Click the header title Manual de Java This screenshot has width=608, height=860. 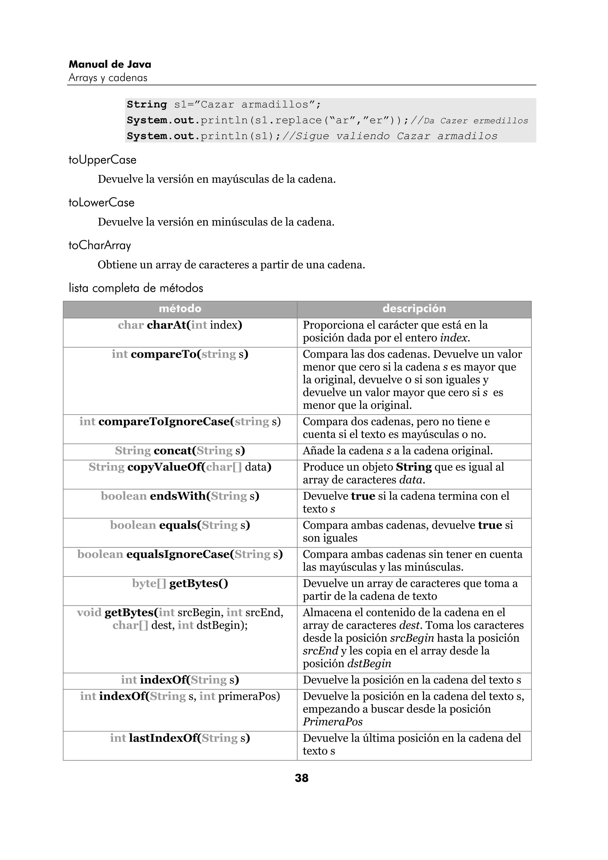[110, 64]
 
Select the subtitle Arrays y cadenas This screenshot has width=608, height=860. [108, 78]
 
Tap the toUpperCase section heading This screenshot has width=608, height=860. [102, 160]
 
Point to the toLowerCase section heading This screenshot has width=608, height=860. [101, 203]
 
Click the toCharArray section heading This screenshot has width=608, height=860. [100, 245]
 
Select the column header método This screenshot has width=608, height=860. [180, 309]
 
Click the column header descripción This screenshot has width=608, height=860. [414, 309]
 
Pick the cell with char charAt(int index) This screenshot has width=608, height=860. [180, 325]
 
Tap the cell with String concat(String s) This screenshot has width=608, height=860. [180, 450]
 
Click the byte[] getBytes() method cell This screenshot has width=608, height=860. [180, 583]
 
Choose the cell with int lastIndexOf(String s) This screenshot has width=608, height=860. [180, 738]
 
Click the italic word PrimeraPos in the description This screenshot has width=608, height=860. [333, 722]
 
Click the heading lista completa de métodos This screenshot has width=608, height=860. [136, 288]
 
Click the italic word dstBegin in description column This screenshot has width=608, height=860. [369, 664]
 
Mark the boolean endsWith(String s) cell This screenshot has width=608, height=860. [180, 496]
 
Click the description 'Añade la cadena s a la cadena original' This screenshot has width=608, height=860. [398, 450]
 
